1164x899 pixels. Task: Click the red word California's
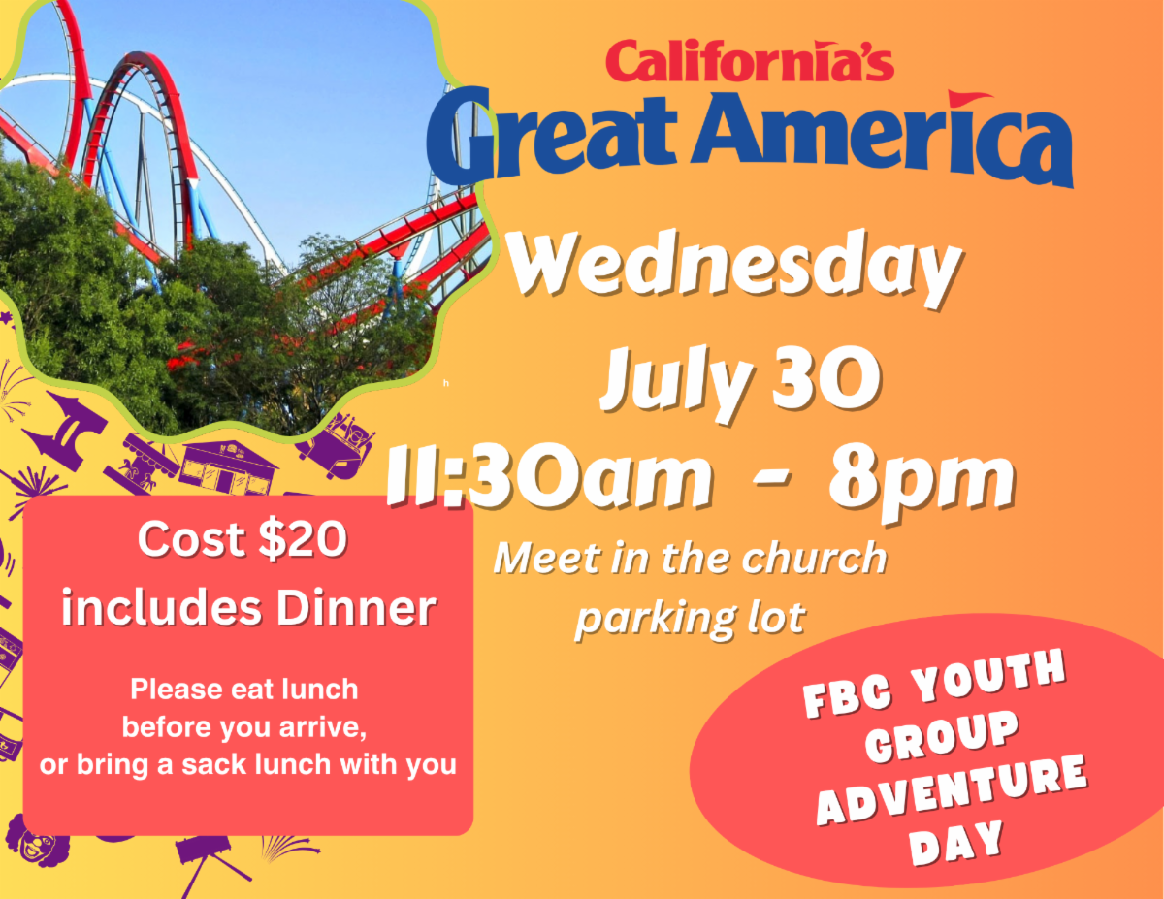click(750, 60)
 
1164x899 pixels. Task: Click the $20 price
click(303, 540)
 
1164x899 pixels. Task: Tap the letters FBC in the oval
click(847, 697)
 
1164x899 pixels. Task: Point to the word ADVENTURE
click(952, 789)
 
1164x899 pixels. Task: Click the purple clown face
click(38, 841)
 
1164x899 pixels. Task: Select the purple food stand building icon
click(229, 466)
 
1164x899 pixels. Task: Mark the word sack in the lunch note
click(213, 764)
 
